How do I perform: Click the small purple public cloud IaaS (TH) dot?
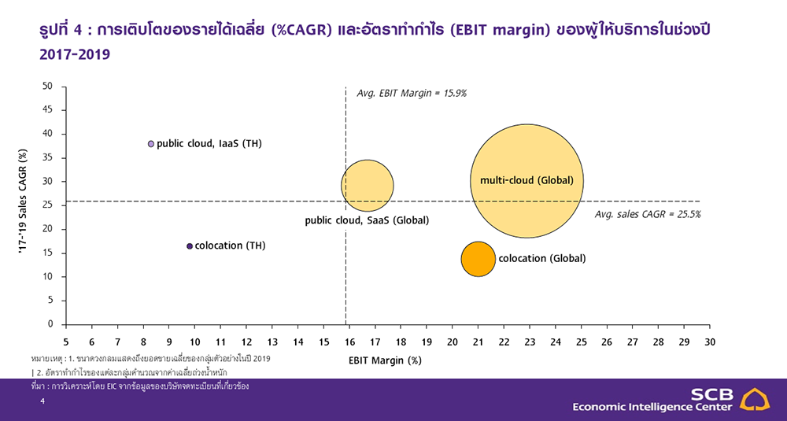[x=151, y=144]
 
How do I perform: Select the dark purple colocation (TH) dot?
[x=190, y=246]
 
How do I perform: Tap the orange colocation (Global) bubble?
[x=478, y=259]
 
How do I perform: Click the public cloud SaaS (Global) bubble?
[x=368, y=186]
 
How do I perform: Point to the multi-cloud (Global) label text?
[x=527, y=181]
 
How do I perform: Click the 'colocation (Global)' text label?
[x=542, y=258]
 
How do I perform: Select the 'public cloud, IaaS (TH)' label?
[x=209, y=144]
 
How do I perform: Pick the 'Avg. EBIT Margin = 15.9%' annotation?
[x=412, y=94]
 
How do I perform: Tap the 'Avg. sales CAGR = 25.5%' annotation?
[x=648, y=214]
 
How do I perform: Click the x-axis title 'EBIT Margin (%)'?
[x=385, y=360]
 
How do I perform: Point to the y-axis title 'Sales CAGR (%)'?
[x=23, y=201]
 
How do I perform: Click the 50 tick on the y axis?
[x=47, y=87]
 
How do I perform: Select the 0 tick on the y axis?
[x=50, y=324]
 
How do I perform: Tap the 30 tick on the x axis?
[x=709, y=342]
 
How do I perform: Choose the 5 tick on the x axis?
[x=66, y=342]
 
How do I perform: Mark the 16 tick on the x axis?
[x=349, y=342]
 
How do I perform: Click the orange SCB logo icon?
[x=756, y=400]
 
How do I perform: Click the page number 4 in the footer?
[x=42, y=401]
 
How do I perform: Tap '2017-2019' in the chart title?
[x=75, y=54]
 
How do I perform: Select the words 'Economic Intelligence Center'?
[x=652, y=407]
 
